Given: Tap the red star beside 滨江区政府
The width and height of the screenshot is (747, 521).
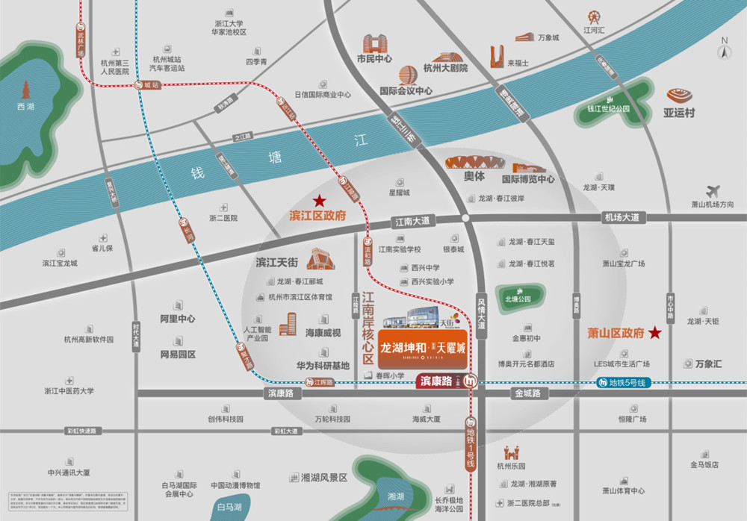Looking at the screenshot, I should pos(320,200).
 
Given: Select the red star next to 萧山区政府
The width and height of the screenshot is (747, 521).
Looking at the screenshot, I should pos(655,333).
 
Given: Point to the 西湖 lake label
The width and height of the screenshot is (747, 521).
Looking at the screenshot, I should pos(25,107).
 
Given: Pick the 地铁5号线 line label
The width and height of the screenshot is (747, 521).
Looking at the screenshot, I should pos(626,383).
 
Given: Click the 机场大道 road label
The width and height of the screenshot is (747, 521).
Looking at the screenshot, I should pos(622,217).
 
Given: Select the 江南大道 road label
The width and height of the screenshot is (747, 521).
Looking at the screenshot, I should pos(412,221).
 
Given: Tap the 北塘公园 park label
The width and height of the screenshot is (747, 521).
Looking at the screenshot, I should pos(518,299).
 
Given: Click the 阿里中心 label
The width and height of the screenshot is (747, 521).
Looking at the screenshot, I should pos(178,319).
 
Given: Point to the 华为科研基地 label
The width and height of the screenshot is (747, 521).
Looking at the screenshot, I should pos(323,366).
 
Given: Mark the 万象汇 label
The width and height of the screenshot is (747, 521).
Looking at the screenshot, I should pos(708,364).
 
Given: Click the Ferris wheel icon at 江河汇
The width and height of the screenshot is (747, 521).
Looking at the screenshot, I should pos(594,16).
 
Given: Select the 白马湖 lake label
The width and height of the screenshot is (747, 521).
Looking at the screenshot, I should pos(229,507).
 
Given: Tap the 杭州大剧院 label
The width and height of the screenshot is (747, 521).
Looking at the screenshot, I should pos(445,68).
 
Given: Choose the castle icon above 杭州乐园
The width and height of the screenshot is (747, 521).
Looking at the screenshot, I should pos(512,452).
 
